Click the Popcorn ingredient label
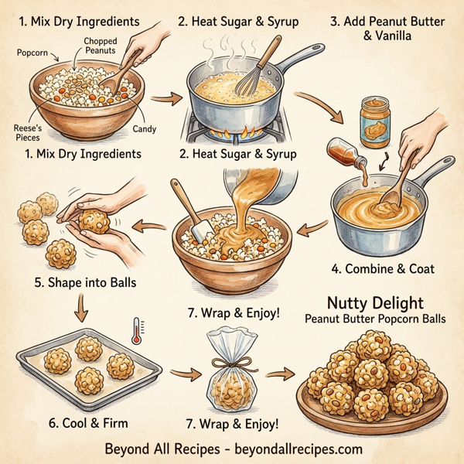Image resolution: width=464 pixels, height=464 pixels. (32, 54)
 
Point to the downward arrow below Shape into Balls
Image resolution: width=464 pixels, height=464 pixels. (80, 311)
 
